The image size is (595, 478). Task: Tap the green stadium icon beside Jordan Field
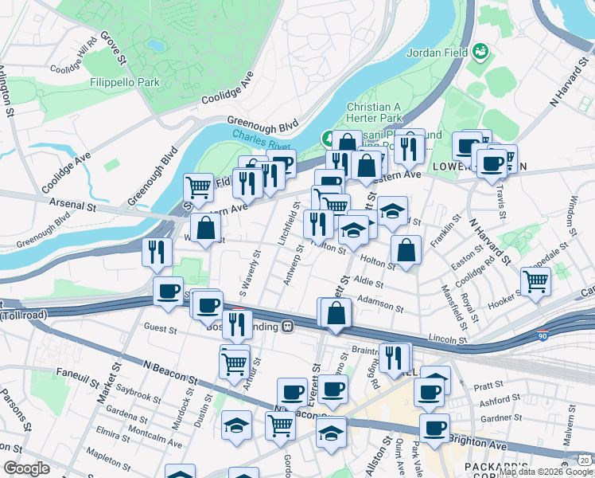(480, 53)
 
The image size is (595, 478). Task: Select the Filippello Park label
(125, 82)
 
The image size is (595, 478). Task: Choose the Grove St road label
(114, 49)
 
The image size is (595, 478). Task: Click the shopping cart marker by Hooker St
(535, 280)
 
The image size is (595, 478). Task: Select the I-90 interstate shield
(543, 335)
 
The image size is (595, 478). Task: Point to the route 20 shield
(585, 460)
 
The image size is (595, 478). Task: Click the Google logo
(26, 468)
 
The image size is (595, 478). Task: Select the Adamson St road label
(377, 300)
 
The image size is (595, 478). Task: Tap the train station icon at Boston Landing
(287, 327)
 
